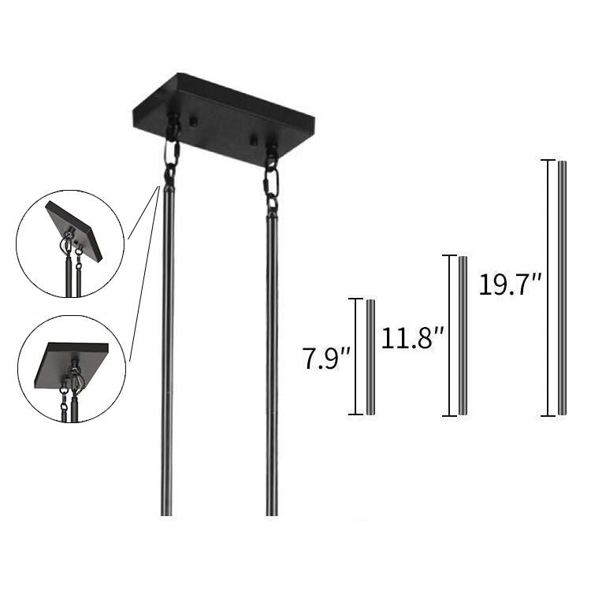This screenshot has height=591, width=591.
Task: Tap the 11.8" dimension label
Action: pyautogui.click(x=413, y=337)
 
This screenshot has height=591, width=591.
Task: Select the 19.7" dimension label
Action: pyautogui.click(x=511, y=284)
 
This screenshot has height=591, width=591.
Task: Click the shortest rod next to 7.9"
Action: pyautogui.click(x=370, y=357)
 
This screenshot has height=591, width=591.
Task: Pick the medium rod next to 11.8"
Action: pyautogui.click(x=463, y=336)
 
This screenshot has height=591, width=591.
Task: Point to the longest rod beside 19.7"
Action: pyautogui.click(x=562, y=288)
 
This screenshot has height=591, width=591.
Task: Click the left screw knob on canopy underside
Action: pyautogui.click(x=194, y=121)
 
